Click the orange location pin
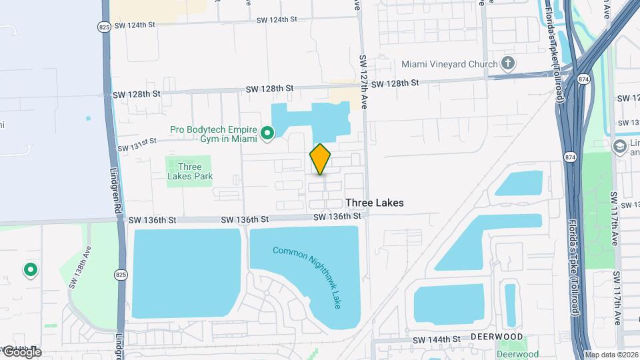tap(320, 159)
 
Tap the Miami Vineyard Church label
tap(449, 64)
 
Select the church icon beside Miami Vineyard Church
tap(509, 64)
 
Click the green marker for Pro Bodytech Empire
tap(268, 134)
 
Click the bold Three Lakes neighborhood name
tap(375, 203)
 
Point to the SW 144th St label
tap(437, 339)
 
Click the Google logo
tap(21, 351)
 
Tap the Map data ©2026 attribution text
tap(611, 355)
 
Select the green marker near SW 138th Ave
tap(30, 270)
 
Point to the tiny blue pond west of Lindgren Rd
tap(88, 119)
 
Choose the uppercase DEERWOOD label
tap(495, 337)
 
